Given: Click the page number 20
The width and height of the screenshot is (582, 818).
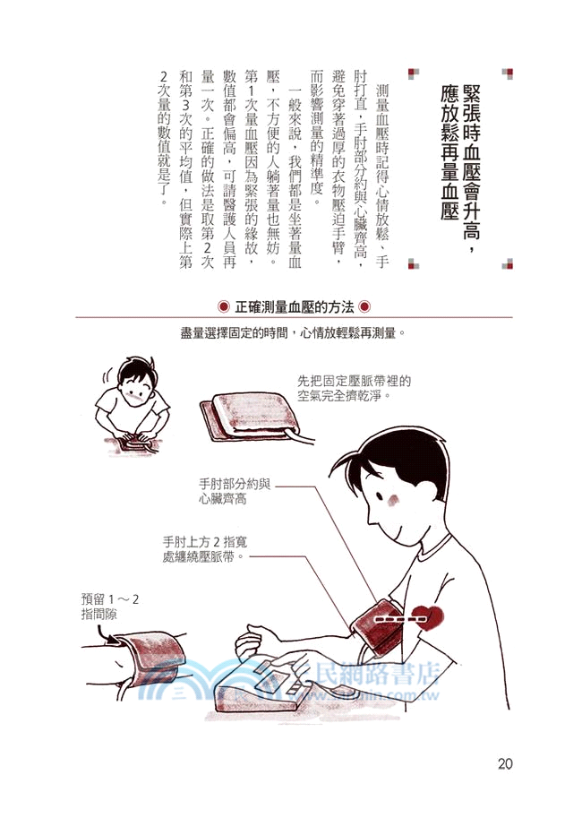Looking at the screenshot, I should (503, 763).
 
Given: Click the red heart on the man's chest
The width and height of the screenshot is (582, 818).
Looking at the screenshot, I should (434, 619).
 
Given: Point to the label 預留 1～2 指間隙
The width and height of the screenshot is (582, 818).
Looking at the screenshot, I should (111, 607).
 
